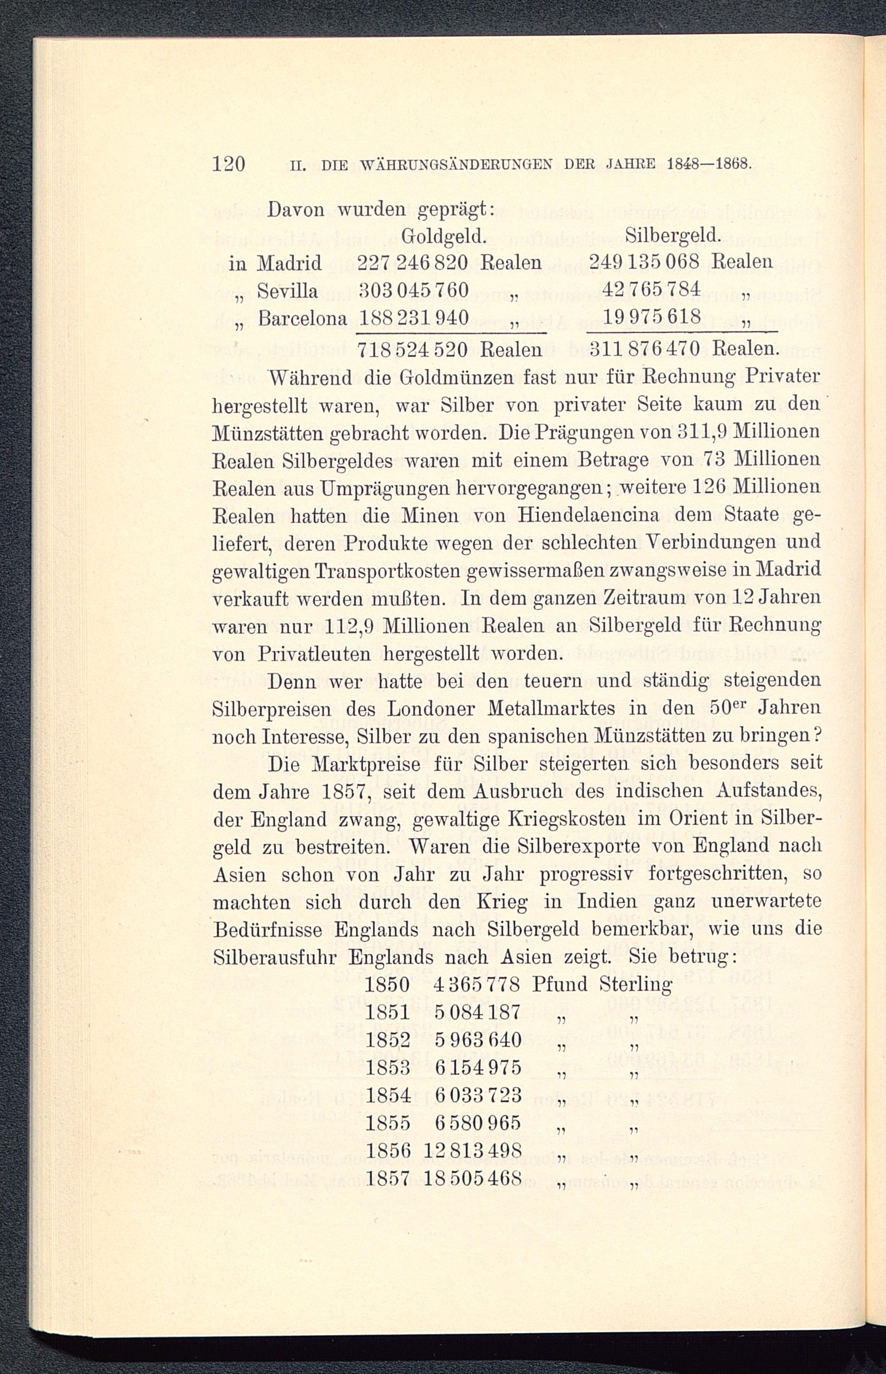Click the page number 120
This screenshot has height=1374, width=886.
229,164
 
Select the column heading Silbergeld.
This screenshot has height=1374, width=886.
673,235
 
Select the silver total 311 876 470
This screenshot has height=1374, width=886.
645,349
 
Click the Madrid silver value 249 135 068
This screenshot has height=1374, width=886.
645,263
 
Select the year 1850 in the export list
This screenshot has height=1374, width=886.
387,984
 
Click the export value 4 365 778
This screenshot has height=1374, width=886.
477,984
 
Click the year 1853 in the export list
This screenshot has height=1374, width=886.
387,1068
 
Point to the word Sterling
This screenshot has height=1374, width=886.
635,984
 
